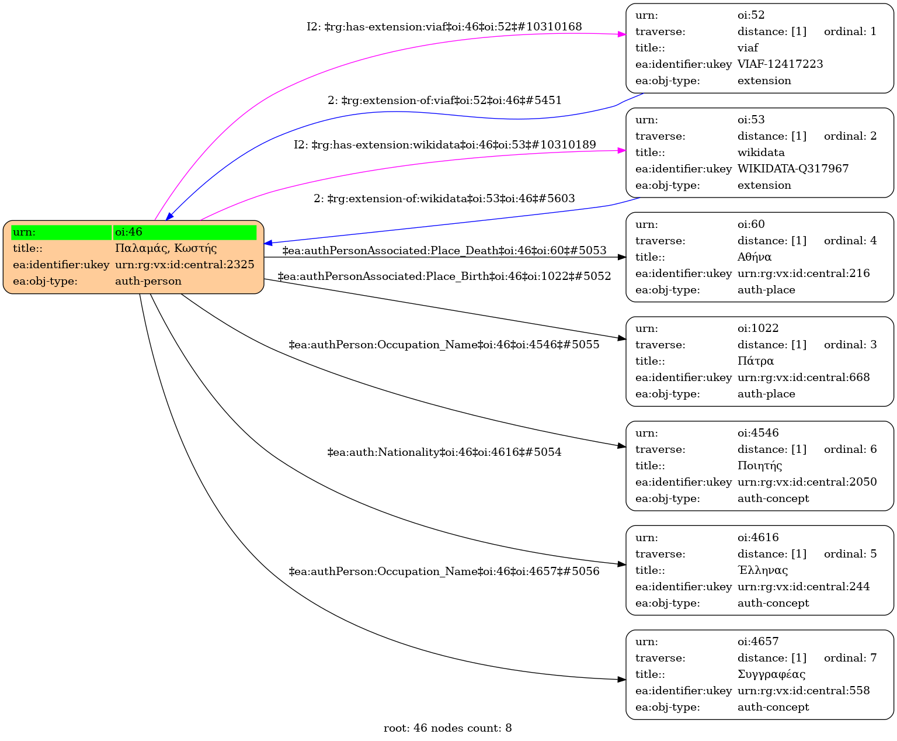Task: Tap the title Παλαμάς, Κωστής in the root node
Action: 166,248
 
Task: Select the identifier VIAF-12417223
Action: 780,64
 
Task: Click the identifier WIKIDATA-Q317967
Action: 793,169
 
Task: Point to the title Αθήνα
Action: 755,257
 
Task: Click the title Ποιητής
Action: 760,466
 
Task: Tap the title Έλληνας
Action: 763,570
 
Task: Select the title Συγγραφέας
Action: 771,674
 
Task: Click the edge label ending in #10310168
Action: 444,27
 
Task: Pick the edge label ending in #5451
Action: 444,101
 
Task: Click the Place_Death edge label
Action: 444,251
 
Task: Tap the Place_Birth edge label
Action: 444,276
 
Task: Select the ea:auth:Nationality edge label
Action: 444,452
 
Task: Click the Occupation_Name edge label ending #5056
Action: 444,572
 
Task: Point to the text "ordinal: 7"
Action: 850,658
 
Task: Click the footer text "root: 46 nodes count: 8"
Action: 448,728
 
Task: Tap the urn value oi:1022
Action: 758,328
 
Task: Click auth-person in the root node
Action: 148,281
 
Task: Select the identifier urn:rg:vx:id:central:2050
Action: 807,482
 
